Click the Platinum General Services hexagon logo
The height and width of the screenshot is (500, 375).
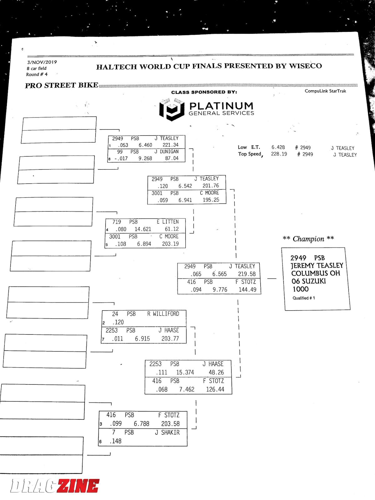click(x=172, y=109)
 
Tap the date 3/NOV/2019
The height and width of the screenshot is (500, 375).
click(x=42, y=62)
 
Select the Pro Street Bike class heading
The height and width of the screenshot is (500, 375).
click(x=62, y=85)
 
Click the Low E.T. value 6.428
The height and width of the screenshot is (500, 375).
click(x=278, y=147)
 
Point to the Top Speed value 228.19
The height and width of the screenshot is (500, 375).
click(x=279, y=154)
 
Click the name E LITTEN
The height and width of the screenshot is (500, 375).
click(x=168, y=222)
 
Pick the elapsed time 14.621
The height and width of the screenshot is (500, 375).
click(x=143, y=229)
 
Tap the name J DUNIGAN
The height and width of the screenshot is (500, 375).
click(x=167, y=152)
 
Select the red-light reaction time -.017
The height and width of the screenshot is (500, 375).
click(x=121, y=158)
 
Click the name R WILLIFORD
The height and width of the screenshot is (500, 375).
click(x=163, y=314)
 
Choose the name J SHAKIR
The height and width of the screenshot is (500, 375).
click(x=167, y=432)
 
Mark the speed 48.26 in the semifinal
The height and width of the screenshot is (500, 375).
click(x=216, y=372)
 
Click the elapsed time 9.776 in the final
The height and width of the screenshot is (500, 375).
click(x=220, y=290)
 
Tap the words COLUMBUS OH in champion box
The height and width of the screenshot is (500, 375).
click(x=316, y=273)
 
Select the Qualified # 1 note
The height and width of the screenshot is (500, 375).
click(x=304, y=298)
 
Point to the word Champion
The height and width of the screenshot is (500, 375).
click(x=308, y=239)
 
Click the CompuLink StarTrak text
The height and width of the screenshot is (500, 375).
click(x=325, y=91)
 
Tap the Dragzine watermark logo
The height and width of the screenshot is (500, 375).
click(x=55, y=486)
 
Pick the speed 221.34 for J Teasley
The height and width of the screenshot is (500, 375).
click(x=171, y=145)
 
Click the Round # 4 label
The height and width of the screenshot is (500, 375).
click(x=37, y=74)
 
